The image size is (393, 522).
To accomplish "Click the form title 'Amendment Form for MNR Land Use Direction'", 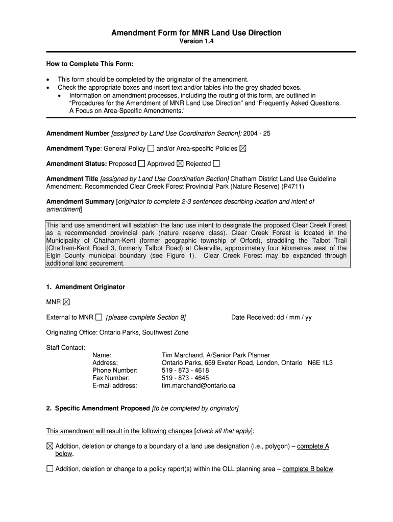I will pyautogui.click(x=196, y=33).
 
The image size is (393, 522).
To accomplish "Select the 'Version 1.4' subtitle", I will pyautogui.click(x=196, y=42).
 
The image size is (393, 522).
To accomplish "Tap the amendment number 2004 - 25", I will pyautogui.click(x=257, y=134).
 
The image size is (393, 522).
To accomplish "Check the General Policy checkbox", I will pyautogui.click(x=151, y=149).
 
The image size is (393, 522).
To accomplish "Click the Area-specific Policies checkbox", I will pyautogui.click(x=242, y=149).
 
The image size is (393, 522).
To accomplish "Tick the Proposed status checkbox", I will pyautogui.click(x=141, y=164).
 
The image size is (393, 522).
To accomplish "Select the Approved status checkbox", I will pyautogui.click(x=180, y=164).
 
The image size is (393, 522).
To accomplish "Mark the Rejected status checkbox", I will pyautogui.click(x=216, y=164).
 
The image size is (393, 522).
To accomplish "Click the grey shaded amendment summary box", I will pyautogui.click(x=196, y=244).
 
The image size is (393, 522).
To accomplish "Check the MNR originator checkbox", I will pyautogui.click(x=66, y=302).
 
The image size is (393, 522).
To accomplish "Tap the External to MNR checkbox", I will pyautogui.click(x=99, y=317).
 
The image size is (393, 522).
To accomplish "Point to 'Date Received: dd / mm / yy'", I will pyautogui.click(x=271, y=317).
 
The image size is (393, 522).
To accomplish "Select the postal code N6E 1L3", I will pyautogui.click(x=320, y=363).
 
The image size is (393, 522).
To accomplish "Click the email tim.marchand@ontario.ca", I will pyautogui.click(x=198, y=386).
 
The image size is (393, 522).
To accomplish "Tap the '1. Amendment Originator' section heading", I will pyautogui.click(x=85, y=287).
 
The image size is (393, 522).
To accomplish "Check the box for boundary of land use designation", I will pyautogui.click(x=50, y=446).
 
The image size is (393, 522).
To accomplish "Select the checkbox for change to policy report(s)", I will pyautogui.click(x=50, y=469).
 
